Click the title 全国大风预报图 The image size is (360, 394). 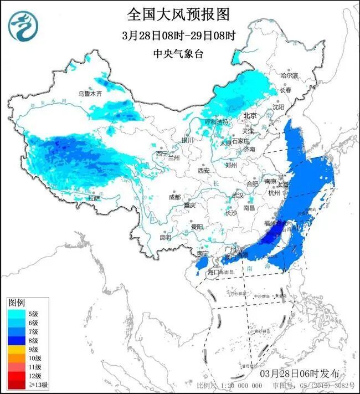pyautogui.click(x=179, y=14)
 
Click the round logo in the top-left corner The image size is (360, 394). pyautogui.click(x=23, y=26)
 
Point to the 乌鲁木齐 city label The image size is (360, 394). pyautogui.click(x=90, y=94)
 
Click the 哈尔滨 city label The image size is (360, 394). pyautogui.click(x=289, y=75)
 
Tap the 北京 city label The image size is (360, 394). pyautogui.click(x=251, y=115)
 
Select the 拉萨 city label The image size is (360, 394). pyautogui.click(x=94, y=197)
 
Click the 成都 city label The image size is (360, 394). pyautogui.click(x=175, y=197)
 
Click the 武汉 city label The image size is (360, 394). pyautogui.click(x=238, y=195)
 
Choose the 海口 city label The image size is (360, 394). pyautogui.click(x=214, y=273)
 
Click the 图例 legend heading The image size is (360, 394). pyautogui.click(x=17, y=303)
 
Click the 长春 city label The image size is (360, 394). pyautogui.click(x=285, y=89)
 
